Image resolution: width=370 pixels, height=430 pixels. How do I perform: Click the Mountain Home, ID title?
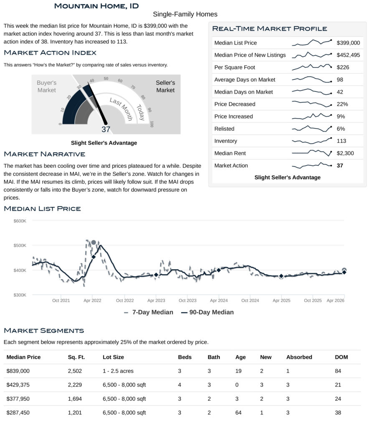pyautogui.click(x=96, y=6)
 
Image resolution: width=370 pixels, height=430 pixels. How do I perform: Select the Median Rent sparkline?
pyautogui.click(x=312, y=153)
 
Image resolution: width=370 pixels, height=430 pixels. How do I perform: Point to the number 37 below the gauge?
pyautogui.click(x=106, y=130)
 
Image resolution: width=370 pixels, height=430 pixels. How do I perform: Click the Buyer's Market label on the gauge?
pyautogui.click(x=46, y=86)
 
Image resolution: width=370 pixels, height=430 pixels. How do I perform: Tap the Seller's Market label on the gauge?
pyautogui.click(x=165, y=86)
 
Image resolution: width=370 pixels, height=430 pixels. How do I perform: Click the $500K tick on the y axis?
pyautogui.click(x=20, y=245)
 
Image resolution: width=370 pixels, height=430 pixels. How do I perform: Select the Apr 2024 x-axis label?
pyautogui.click(x=218, y=301)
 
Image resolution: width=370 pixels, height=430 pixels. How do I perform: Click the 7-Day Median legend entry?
pyautogui.click(x=149, y=312)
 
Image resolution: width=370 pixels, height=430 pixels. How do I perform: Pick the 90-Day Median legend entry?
pyautogui.click(x=207, y=312)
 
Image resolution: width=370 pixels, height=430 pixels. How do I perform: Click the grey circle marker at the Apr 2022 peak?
pyautogui.click(x=94, y=243)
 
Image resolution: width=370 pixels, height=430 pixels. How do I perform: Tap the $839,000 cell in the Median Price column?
pyautogui.click(x=18, y=371)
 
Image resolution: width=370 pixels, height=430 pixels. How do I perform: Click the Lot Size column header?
pyautogui.click(x=113, y=357)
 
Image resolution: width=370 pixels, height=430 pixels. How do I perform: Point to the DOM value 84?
pyautogui.click(x=338, y=371)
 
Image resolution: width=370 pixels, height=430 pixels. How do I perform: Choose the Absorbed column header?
pyautogui.click(x=299, y=357)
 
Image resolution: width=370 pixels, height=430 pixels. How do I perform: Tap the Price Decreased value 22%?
pyautogui.click(x=342, y=104)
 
